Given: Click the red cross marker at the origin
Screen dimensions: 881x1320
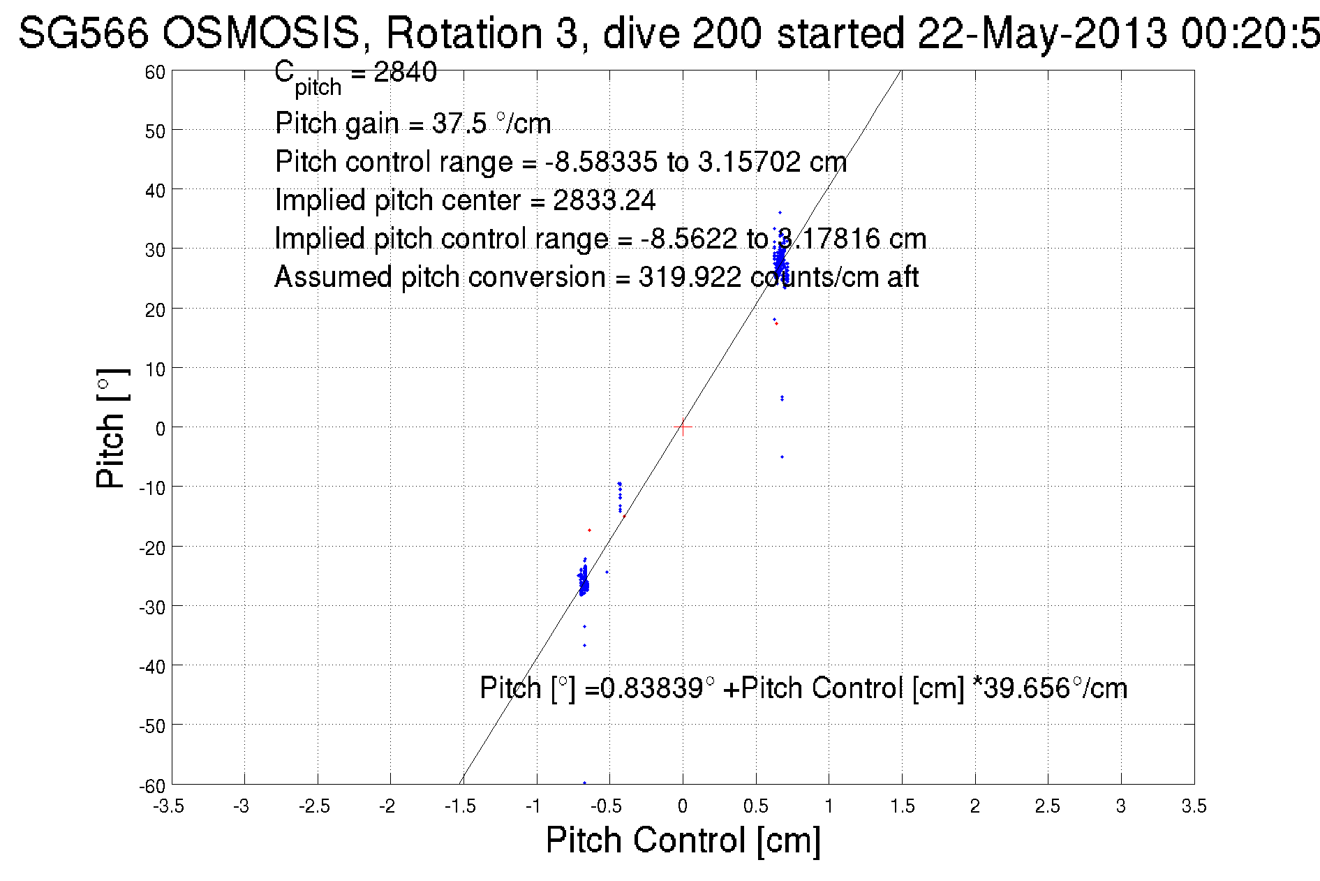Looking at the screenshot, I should [683, 427].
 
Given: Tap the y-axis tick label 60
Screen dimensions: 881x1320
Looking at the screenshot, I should [155, 72].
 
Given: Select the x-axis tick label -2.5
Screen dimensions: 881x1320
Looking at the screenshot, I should [314, 807].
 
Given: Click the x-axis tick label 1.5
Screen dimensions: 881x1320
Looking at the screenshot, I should [902, 807].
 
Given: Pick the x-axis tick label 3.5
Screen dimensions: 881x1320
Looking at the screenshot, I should [1194, 807].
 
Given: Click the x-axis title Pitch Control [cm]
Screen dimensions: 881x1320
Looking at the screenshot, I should [683, 840].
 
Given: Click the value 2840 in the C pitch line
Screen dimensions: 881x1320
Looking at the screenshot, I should [405, 72].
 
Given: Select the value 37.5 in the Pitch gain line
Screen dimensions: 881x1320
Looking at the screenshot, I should [459, 124].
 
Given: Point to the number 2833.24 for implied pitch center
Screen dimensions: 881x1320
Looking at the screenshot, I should [604, 200].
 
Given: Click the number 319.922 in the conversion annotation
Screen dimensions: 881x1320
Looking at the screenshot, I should [689, 277].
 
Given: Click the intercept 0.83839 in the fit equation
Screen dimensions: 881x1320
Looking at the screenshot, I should [652, 688].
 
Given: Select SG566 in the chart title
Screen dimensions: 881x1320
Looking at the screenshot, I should [83, 33].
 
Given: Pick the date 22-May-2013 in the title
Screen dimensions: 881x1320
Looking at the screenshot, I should [1041, 33].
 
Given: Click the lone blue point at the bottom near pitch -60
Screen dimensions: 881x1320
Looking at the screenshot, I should [584, 783].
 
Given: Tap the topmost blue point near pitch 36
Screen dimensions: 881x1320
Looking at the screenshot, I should [780, 213].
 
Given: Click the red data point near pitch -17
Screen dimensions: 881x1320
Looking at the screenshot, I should [589, 531].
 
